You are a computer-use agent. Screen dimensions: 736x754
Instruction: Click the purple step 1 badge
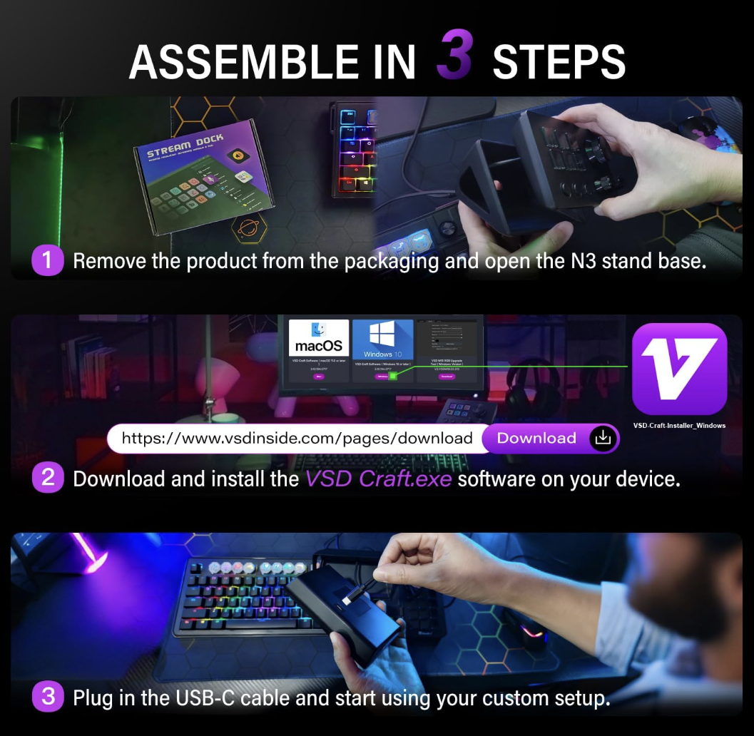[x=48, y=260]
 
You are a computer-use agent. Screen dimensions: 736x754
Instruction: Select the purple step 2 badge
[x=48, y=478]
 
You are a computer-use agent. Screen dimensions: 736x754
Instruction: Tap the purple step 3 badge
[x=48, y=696]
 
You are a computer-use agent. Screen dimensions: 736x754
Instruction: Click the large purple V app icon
[x=679, y=369]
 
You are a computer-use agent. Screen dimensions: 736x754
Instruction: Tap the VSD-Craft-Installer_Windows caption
[x=679, y=426]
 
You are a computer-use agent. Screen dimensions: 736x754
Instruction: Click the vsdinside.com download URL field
[x=297, y=438]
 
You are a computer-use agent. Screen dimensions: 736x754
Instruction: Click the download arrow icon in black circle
[x=603, y=438]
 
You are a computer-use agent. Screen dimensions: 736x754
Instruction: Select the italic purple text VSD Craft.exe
[x=378, y=479]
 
